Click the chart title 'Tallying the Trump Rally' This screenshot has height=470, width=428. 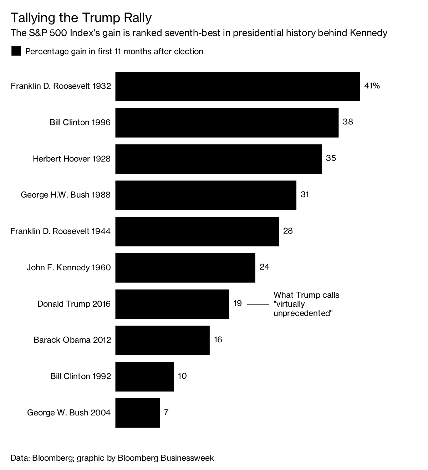click(81, 17)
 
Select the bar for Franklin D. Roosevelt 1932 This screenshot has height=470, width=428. click(237, 86)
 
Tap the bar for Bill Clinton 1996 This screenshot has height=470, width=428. click(226, 123)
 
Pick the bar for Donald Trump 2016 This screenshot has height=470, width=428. click(172, 304)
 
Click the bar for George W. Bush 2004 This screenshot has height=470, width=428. click(137, 413)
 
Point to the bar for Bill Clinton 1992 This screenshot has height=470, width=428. click(144, 377)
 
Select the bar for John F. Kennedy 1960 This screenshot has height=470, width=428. click(185, 267)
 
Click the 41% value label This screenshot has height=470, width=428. click(372, 86)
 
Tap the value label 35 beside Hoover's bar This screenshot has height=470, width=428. click(331, 158)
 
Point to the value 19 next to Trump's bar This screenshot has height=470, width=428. click(238, 303)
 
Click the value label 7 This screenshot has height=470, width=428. click(166, 412)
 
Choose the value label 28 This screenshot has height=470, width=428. click(287, 231)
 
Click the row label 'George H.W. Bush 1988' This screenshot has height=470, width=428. click(66, 195)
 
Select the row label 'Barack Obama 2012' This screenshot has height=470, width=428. click(72, 340)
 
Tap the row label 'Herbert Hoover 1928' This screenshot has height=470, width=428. click(72, 159)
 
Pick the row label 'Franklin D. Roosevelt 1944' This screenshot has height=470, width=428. click(61, 231)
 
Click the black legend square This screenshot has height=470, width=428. click(16, 51)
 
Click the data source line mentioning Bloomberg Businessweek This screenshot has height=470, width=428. click(112, 458)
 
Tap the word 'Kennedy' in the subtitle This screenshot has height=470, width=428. click(368, 33)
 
